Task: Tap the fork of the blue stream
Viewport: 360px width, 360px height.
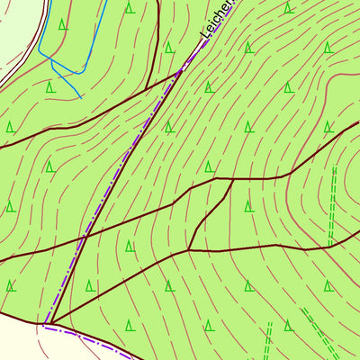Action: (x=52, y=65)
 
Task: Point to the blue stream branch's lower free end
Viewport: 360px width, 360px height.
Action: (x=81, y=96)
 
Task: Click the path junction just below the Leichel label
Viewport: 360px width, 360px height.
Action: (x=181, y=73)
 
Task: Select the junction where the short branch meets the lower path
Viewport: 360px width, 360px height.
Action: (x=188, y=249)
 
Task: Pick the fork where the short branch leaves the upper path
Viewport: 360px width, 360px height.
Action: (x=233, y=179)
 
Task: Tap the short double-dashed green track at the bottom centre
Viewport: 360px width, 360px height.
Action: (x=267, y=342)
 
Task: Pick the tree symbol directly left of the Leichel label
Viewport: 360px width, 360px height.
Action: (x=169, y=47)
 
